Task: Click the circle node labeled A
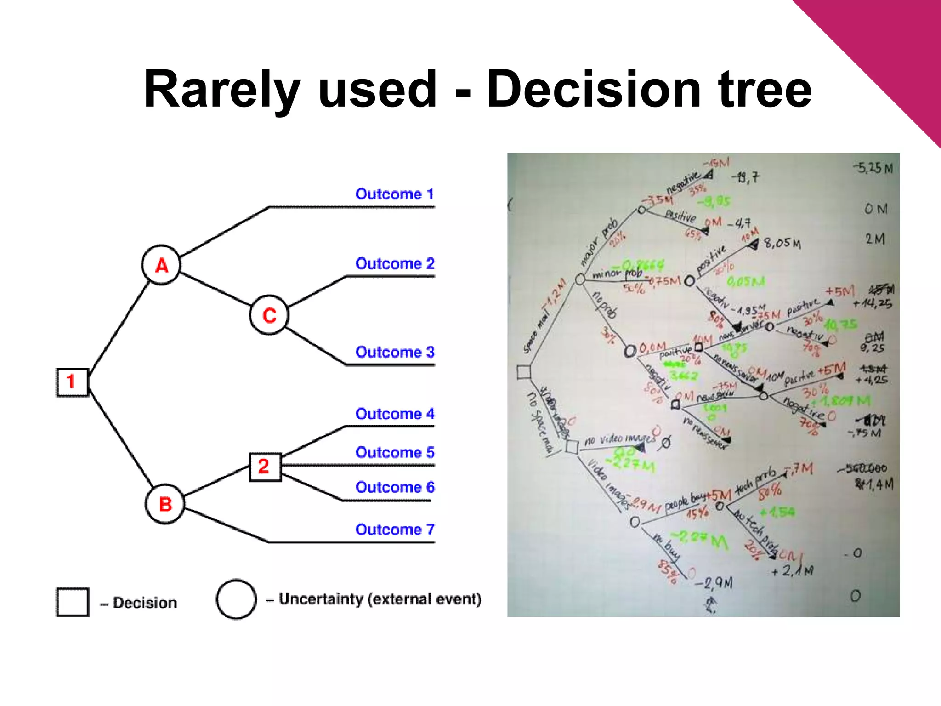(x=161, y=265)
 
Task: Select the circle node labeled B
(x=165, y=504)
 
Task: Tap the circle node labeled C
(x=269, y=315)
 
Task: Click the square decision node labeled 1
(x=72, y=381)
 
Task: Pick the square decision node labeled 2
(x=265, y=467)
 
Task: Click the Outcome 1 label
(x=394, y=194)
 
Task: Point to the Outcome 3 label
(x=394, y=352)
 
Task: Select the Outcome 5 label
(x=394, y=452)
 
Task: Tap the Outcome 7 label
(x=394, y=529)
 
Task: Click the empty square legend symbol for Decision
(x=73, y=602)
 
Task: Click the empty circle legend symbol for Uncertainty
(x=236, y=599)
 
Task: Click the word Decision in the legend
(x=145, y=603)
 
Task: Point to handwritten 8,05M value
(x=782, y=243)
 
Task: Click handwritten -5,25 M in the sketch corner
(x=873, y=168)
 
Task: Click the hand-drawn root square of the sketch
(x=524, y=371)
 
